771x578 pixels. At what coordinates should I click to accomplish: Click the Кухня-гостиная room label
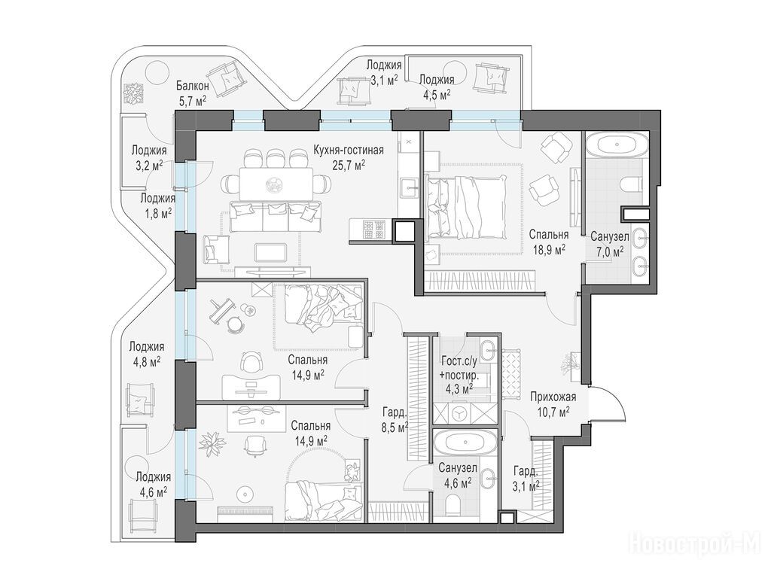click(x=349, y=151)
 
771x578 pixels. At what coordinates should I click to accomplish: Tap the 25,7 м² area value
click(x=349, y=165)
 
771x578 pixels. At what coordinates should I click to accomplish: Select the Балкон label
click(x=193, y=86)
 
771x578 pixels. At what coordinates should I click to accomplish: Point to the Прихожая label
click(x=553, y=397)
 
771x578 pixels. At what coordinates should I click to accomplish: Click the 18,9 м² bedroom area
click(x=548, y=250)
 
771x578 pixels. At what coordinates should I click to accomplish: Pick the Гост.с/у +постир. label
click(x=459, y=369)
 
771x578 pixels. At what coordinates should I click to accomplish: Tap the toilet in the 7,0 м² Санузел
click(x=632, y=185)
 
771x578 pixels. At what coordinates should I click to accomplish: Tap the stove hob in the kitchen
click(x=373, y=230)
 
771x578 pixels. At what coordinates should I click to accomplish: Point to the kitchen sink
click(x=409, y=187)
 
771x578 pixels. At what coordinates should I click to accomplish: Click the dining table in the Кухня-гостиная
click(x=276, y=184)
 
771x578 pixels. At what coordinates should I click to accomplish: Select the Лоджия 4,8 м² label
click(x=147, y=354)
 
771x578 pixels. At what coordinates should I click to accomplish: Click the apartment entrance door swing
click(x=608, y=403)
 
